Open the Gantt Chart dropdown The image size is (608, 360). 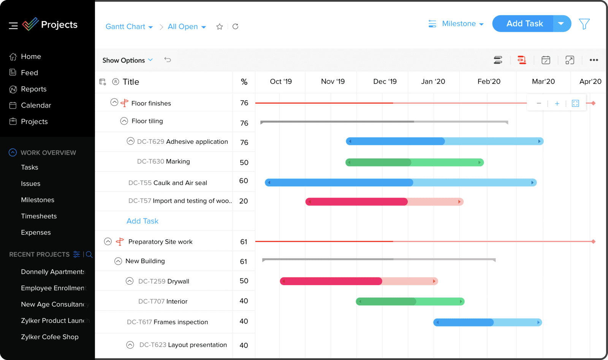[x=129, y=27]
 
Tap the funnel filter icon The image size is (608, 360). [x=584, y=24]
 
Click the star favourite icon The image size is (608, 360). [x=219, y=27]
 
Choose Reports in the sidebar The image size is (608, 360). [x=33, y=89]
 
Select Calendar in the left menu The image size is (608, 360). [x=36, y=105]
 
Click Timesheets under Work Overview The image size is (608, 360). [x=39, y=216]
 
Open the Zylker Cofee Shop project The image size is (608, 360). [x=50, y=337]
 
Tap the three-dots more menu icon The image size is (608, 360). [x=594, y=60]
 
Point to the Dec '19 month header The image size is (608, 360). [x=385, y=81]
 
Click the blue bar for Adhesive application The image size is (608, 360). [x=444, y=141]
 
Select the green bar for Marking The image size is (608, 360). [x=414, y=163]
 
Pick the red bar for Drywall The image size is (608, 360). [x=359, y=281]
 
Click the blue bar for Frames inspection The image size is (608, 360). [x=487, y=322]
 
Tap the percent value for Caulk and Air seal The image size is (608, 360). [x=244, y=181]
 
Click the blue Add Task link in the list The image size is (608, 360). [x=142, y=221]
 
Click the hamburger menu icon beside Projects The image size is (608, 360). [x=13, y=25]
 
